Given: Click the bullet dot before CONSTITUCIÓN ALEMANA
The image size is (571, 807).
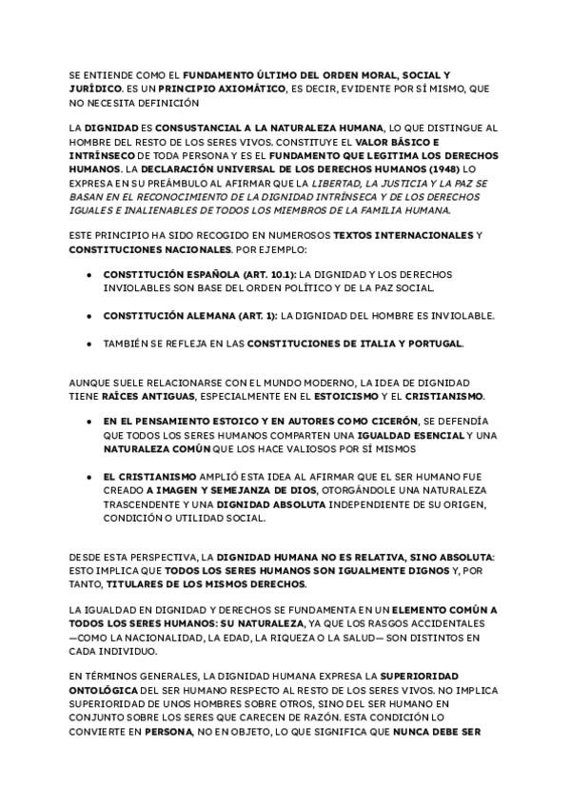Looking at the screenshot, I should pos(89,315).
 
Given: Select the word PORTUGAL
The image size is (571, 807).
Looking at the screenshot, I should pos(434,343).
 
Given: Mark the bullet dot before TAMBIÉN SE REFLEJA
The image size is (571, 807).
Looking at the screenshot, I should pos(89,343).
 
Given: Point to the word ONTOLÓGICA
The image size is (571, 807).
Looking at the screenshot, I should pos(106,687).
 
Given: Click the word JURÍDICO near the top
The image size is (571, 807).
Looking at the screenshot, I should pos(96,88).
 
